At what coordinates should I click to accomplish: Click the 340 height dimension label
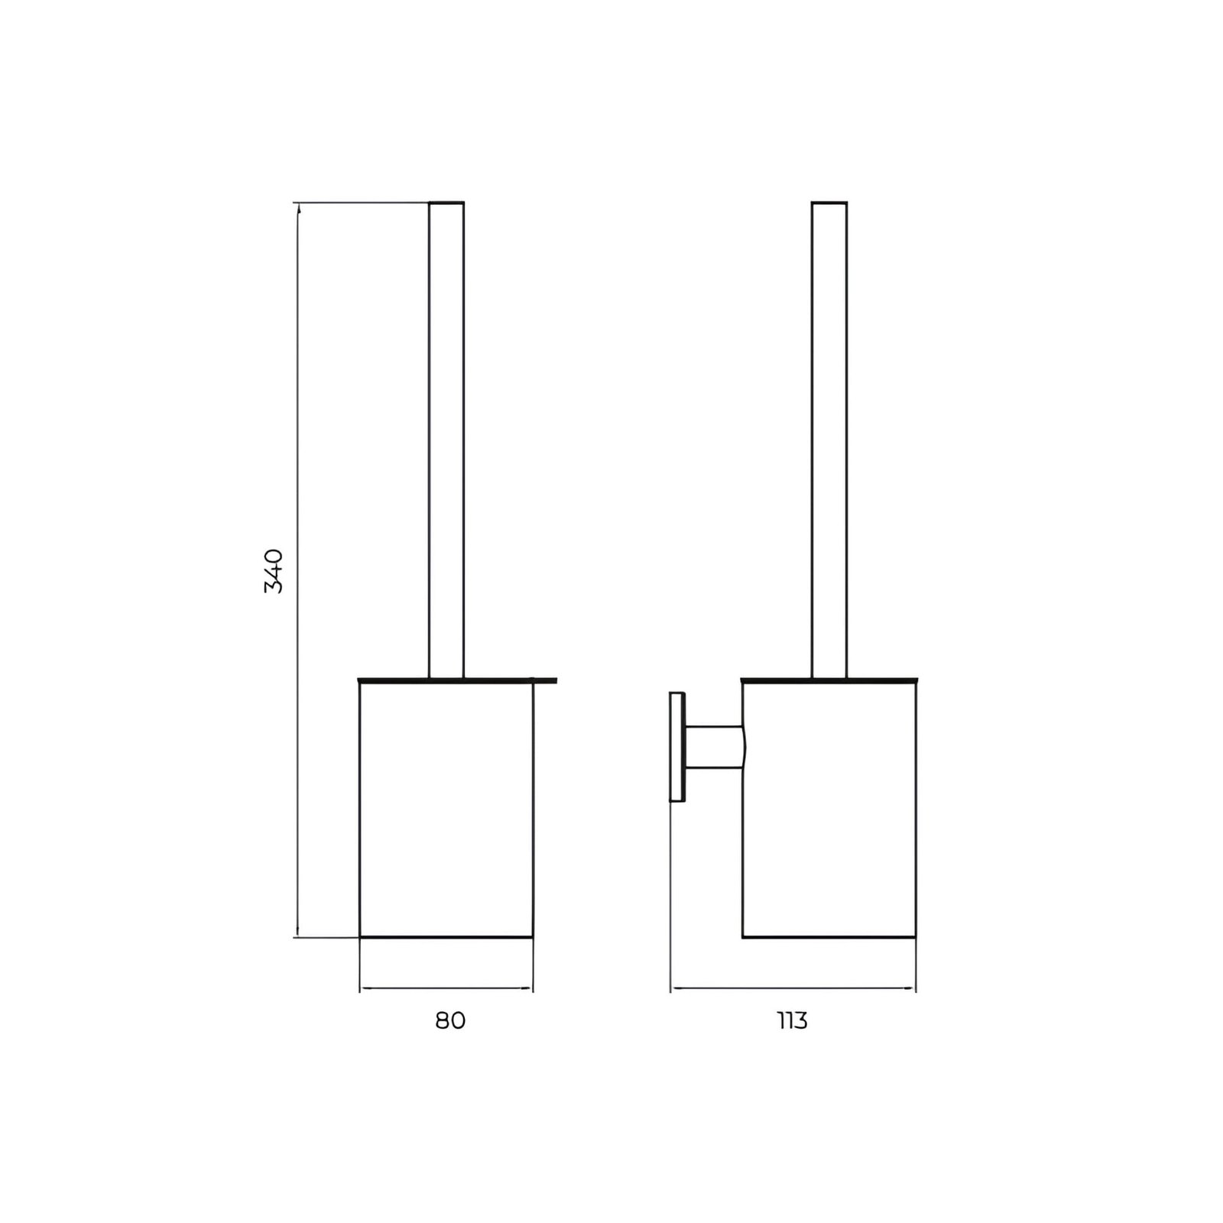(274, 570)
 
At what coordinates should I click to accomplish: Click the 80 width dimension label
(450, 1020)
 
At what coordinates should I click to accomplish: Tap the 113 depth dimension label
(793, 1020)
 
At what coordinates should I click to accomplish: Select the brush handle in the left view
(446, 440)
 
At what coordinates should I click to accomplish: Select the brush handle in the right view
(829, 440)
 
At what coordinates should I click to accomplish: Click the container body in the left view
(446, 809)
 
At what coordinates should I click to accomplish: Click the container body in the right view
(829, 809)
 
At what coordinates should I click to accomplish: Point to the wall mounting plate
(677, 747)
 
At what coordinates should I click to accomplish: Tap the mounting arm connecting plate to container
(714, 747)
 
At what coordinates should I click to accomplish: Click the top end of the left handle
(446, 203)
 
